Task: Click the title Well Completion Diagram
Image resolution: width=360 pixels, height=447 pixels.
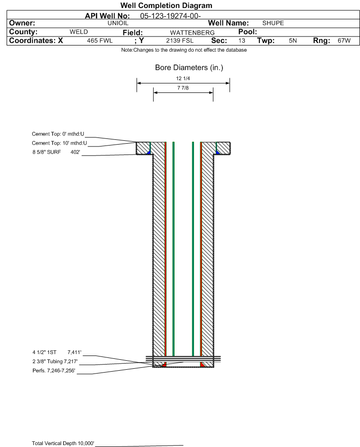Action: coord(166,5)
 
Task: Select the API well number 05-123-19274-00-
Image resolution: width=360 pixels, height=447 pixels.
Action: coord(170,16)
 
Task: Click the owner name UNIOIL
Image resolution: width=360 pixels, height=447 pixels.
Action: coord(118,23)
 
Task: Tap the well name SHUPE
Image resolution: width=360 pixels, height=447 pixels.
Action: coord(273,23)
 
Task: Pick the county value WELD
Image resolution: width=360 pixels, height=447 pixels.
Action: coord(79,32)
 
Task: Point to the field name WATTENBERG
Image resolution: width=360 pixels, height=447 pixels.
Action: coord(192,33)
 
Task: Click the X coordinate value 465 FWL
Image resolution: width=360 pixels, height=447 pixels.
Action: coord(100,41)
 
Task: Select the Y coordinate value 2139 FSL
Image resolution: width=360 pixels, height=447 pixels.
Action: coord(180,41)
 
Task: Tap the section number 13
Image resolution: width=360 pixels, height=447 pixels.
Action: coord(241,41)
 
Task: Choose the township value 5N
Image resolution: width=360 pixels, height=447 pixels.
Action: coord(293,41)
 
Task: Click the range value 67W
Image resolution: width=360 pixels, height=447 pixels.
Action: coord(344,41)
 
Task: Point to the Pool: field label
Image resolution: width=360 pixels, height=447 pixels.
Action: coord(248,32)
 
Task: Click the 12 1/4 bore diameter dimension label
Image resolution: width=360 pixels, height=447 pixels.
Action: coord(183,78)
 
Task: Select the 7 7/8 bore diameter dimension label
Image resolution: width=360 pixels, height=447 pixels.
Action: coord(183,88)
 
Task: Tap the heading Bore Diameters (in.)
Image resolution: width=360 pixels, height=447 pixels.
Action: coord(189,68)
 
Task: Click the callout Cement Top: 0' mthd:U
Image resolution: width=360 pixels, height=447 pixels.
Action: coord(58,134)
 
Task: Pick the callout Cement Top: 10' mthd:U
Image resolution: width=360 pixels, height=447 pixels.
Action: coord(59,143)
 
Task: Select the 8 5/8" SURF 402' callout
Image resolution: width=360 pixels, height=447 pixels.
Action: coord(56,152)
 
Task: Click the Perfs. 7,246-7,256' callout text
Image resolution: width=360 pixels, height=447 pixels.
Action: coord(54,371)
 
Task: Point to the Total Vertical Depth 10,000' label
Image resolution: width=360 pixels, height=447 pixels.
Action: coord(63,443)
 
